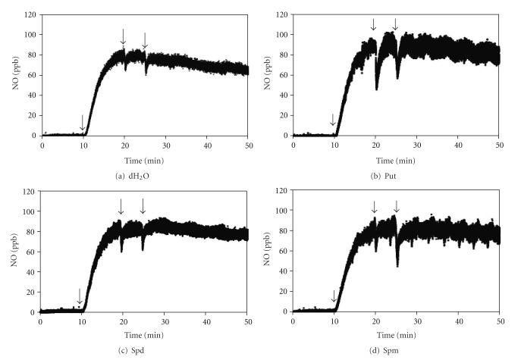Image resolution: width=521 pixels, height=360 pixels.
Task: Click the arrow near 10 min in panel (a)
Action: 83,123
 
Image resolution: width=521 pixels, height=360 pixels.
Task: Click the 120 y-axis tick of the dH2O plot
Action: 30,15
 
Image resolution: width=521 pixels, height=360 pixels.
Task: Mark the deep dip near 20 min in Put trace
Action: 377,87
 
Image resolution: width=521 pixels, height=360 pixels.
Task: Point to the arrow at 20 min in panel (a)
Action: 124,35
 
